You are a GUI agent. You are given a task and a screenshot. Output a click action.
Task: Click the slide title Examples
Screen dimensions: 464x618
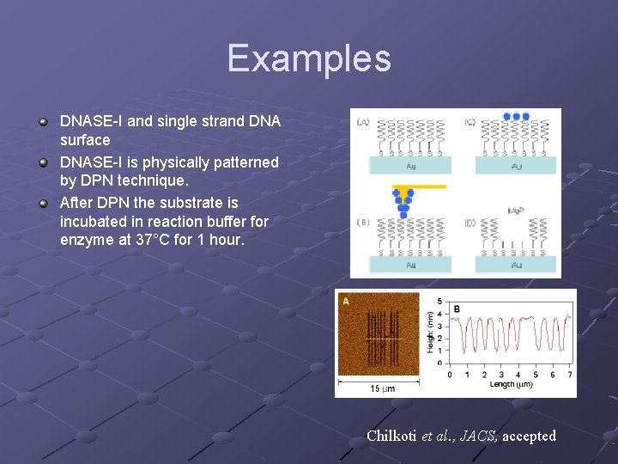(x=309, y=58)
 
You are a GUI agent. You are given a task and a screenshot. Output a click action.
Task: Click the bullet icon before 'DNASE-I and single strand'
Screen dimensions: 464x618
(x=42, y=121)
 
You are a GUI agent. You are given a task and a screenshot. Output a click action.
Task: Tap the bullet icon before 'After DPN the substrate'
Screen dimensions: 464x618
(x=42, y=203)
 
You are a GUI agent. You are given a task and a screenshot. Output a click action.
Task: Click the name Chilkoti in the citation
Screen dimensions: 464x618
(x=391, y=436)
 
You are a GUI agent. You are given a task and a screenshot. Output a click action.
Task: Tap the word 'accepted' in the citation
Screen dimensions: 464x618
(x=529, y=436)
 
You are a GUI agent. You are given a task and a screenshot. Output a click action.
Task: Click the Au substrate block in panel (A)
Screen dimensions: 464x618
(x=409, y=165)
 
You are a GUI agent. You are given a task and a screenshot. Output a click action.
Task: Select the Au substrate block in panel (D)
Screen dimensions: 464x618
(x=516, y=265)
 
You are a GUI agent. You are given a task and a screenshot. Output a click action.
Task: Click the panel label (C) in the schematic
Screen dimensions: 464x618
(x=470, y=123)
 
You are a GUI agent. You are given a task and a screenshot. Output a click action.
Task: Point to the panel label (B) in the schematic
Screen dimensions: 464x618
(x=363, y=223)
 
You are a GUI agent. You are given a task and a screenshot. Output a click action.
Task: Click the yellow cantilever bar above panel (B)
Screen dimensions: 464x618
(x=418, y=185)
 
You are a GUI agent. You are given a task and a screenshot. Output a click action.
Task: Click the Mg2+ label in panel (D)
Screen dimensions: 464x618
(x=516, y=210)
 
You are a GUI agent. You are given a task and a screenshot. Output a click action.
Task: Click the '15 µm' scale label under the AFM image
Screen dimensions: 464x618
(x=382, y=388)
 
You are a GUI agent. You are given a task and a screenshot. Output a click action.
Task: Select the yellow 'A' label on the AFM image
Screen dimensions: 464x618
(x=346, y=302)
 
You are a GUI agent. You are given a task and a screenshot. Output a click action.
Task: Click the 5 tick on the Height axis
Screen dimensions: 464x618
(x=439, y=301)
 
